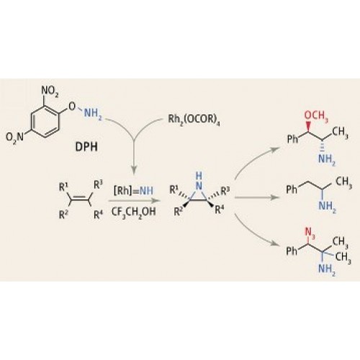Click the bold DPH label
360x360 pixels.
(86, 147)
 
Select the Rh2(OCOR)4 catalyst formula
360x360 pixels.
(194, 120)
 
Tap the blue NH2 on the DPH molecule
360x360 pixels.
(93, 113)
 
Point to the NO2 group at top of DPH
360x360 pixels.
(50, 91)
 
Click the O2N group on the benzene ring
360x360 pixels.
(15, 138)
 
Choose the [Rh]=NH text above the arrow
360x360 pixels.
(133, 191)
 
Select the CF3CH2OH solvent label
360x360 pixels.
(134, 212)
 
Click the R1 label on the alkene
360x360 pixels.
(63, 187)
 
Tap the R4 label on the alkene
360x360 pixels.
(98, 215)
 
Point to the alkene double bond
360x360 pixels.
(80, 198)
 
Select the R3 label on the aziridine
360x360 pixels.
(225, 192)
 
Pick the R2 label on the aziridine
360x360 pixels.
(179, 212)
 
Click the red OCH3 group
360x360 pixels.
(316, 116)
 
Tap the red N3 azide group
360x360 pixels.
(310, 233)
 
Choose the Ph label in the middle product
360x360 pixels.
(292, 190)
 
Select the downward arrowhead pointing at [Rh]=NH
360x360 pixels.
(134, 170)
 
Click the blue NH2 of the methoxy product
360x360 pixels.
(327, 159)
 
